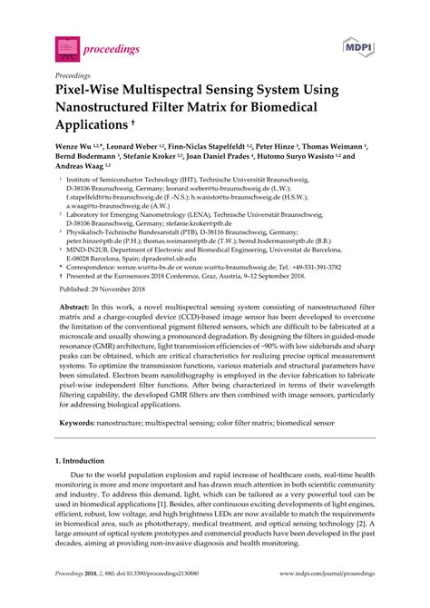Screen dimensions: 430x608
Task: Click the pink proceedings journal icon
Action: tap(66, 43)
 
